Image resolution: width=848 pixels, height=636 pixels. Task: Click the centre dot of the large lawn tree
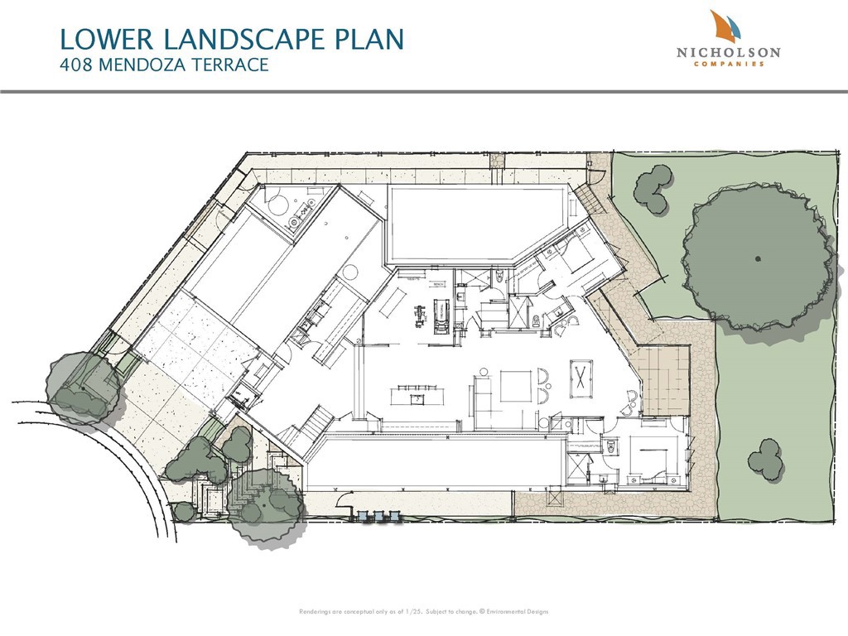coord(758,258)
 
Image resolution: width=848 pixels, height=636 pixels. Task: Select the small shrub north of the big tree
coord(654,189)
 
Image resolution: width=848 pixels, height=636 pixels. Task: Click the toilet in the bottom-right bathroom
coord(611,446)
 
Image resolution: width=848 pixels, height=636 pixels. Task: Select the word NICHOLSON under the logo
coord(728,52)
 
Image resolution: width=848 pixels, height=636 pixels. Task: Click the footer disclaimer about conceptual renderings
coord(423,612)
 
